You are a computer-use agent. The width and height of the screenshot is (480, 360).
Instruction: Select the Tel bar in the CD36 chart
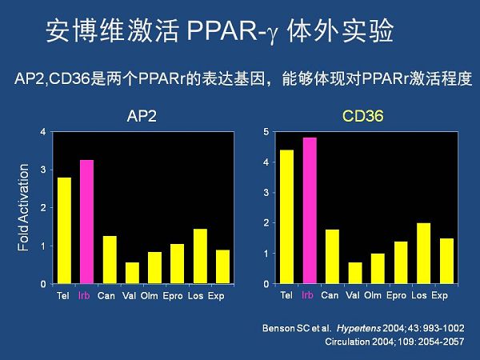(x=286, y=217)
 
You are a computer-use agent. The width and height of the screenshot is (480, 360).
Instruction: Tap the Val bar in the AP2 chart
(x=132, y=274)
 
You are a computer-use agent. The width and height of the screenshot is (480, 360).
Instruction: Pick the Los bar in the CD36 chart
(x=423, y=254)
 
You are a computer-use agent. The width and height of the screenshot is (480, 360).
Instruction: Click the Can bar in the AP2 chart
(x=110, y=260)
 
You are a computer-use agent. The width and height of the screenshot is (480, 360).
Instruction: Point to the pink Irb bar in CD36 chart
(x=309, y=211)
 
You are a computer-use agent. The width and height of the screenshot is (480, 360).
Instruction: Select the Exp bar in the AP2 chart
(x=223, y=267)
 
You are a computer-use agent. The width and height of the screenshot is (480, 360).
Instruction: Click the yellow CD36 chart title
(x=363, y=117)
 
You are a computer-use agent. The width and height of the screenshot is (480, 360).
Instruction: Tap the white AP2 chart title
(x=142, y=117)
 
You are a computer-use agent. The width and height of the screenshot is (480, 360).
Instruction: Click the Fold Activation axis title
(x=24, y=207)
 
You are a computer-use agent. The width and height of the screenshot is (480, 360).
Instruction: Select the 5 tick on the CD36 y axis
(x=266, y=132)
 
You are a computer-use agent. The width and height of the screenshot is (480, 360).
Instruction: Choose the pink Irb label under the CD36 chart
(x=308, y=295)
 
